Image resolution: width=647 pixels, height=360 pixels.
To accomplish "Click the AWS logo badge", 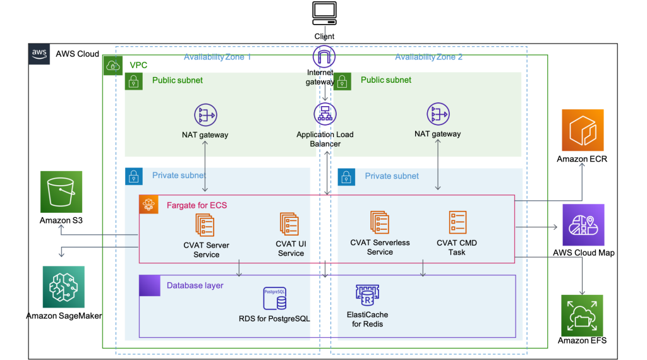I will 39,54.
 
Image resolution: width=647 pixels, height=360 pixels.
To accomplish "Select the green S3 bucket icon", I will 61,191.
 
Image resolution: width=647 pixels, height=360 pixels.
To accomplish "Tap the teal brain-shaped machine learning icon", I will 64,287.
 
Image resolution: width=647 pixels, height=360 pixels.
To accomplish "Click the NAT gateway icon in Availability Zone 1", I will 205,115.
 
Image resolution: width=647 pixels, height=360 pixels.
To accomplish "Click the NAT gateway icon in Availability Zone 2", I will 437,114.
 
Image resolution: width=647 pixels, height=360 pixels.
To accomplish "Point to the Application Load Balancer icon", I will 325,114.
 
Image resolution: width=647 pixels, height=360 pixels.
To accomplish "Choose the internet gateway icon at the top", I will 324,57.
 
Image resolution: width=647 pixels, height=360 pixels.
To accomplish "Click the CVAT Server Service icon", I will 205,225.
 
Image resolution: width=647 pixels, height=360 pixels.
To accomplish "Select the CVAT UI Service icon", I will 290,224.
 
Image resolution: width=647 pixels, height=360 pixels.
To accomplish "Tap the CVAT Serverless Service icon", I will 380,222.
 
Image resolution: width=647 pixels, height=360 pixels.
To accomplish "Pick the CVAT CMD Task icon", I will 457,223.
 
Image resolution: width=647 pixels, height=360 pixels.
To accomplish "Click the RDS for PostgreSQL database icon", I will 274,299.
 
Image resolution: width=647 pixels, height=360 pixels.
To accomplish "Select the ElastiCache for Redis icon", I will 367,296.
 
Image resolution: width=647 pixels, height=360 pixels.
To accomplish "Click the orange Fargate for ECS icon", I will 149,205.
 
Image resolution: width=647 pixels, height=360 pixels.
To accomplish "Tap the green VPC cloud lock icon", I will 112,65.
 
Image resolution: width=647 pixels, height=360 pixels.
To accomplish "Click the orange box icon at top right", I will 583,130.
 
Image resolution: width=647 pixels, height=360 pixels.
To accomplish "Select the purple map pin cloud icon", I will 583,225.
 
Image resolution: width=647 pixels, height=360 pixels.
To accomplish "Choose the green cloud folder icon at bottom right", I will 582,315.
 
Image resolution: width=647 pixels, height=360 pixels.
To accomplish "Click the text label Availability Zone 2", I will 428,57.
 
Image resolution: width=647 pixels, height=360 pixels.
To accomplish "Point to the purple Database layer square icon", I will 150,285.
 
